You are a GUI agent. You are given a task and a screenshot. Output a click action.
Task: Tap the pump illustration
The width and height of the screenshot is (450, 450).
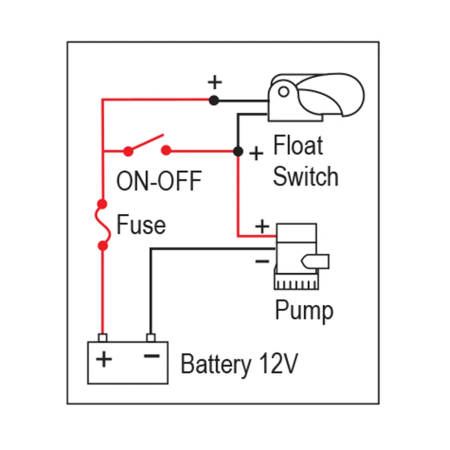point(296,256)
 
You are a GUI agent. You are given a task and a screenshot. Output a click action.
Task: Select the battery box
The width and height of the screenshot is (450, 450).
point(128,362)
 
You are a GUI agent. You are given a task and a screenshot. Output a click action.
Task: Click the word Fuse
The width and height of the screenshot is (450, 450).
point(141,225)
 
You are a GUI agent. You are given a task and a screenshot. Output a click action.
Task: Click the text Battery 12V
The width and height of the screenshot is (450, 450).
point(238,364)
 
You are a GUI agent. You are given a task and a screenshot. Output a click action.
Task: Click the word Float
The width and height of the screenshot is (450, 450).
point(298,146)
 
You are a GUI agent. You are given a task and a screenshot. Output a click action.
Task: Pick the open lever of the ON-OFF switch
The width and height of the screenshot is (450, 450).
point(146,143)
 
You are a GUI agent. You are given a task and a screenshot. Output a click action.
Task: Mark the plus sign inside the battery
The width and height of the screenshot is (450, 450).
point(103,359)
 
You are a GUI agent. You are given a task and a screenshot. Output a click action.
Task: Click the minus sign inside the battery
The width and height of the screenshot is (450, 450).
point(151,357)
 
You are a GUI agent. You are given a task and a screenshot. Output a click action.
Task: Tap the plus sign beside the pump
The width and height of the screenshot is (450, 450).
point(262,226)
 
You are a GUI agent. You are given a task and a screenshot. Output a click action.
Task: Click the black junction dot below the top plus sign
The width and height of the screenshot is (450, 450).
point(214,101)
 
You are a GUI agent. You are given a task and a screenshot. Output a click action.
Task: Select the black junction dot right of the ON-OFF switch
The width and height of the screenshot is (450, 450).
point(238,151)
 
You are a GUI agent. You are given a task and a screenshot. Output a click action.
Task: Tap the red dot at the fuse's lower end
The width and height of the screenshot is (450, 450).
point(102,246)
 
